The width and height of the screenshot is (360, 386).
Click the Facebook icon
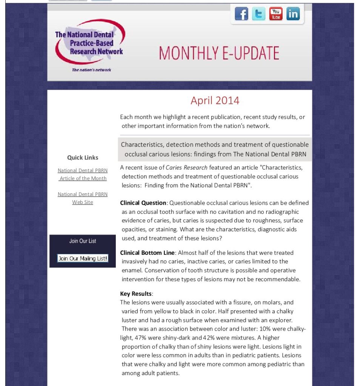[242, 14]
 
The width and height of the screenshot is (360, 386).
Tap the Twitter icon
[258, 14]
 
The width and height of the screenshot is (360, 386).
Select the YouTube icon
[276, 14]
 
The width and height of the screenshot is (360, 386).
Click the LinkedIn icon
[293, 14]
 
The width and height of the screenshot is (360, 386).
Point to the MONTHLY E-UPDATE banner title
[219, 53]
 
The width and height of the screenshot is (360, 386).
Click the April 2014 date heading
[215, 101]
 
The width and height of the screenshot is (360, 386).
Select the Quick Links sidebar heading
[83, 158]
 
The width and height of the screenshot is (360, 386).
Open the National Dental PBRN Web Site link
[83, 198]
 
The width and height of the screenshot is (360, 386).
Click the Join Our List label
[83, 241]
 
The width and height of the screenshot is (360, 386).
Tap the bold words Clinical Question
[143, 203]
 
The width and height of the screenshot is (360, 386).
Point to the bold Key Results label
[136, 294]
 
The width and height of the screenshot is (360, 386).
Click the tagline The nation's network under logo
[91, 70]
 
